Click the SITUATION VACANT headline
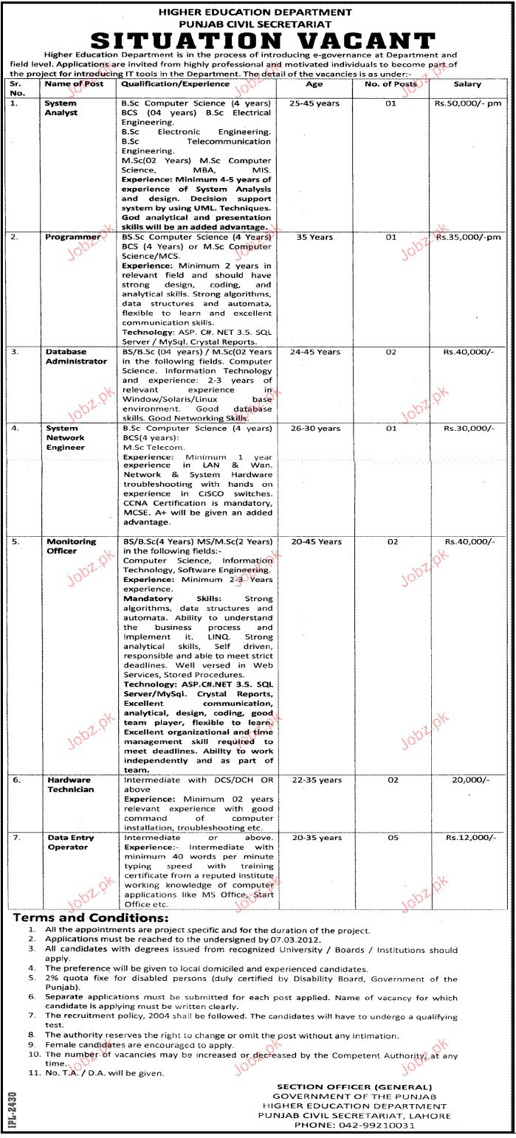(x=258, y=40)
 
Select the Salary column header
(x=467, y=85)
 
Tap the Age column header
(x=314, y=85)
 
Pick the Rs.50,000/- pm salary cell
(x=467, y=104)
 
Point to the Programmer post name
(x=72, y=237)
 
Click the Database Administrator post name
(x=76, y=357)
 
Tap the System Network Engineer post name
(x=66, y=437)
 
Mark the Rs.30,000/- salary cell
(x=467, y=428)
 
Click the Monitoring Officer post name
(x=72, y=546)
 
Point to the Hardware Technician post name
(x=70, y=785)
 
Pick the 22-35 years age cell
(x=317, y=780)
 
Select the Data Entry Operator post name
(x=68, y=842)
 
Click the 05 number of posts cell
(x=391, y=838)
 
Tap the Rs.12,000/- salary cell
(x=467, y=838)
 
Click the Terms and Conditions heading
(x=89, y=918)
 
